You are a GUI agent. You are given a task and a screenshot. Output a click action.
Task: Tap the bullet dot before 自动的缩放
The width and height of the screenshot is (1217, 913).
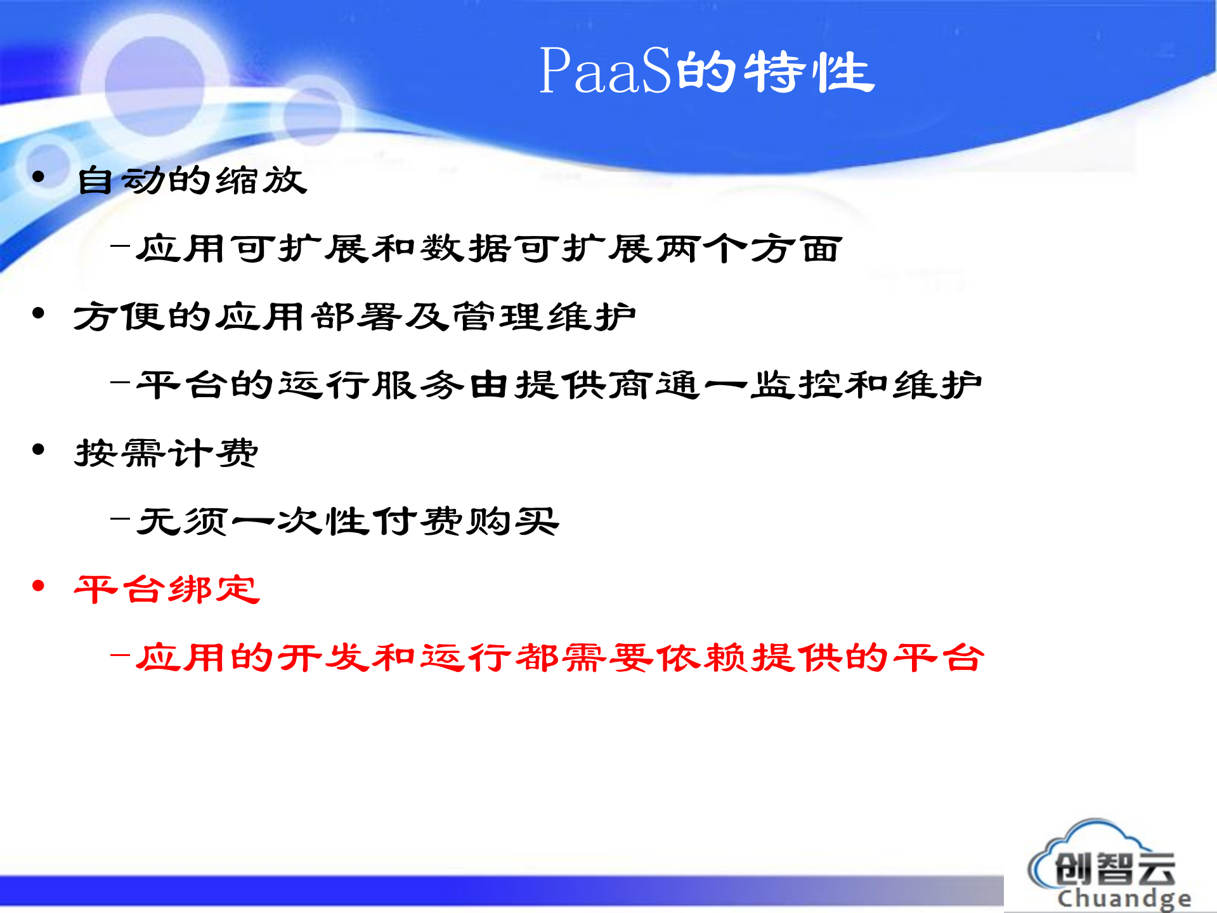39,177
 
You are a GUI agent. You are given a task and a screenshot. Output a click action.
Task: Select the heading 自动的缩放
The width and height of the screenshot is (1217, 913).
192,180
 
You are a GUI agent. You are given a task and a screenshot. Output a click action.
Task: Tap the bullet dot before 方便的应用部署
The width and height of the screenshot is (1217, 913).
39,313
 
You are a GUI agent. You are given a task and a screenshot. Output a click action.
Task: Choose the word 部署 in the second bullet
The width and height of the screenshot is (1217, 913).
357,317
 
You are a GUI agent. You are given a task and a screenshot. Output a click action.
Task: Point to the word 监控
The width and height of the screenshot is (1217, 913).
795,385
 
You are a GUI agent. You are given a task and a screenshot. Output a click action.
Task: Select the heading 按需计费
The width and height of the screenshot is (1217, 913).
166,453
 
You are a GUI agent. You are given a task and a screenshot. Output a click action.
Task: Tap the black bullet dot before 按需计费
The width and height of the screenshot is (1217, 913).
39,450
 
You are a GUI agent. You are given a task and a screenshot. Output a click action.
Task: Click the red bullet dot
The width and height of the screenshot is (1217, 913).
39,586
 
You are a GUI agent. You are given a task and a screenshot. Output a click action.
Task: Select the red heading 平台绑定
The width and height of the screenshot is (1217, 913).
167,589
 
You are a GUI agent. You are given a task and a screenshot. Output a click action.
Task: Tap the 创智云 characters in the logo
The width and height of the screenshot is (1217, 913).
1115,869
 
